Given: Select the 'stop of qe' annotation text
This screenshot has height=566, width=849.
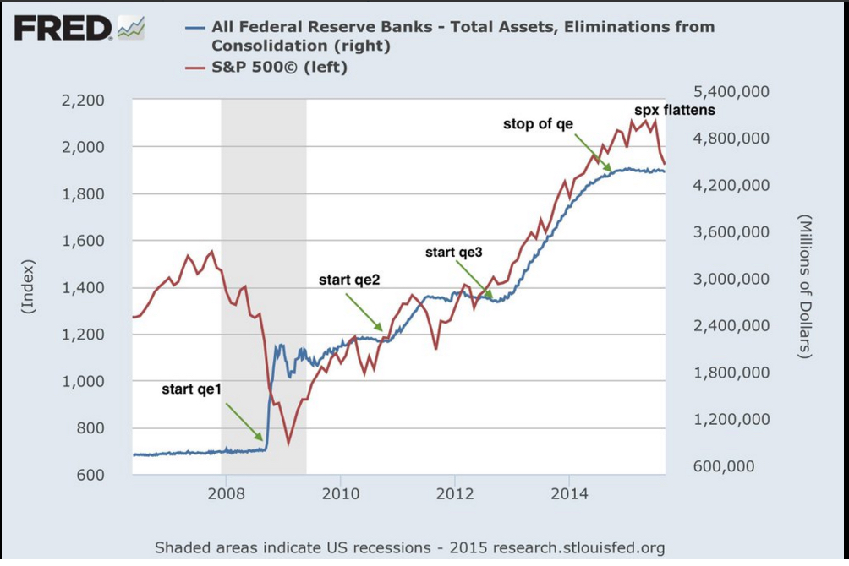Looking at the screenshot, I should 538,124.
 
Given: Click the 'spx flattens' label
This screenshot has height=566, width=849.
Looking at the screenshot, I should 675,110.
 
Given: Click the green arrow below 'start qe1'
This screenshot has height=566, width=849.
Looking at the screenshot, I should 244,422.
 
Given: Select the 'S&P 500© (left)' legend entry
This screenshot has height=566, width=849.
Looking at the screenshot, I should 279,67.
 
